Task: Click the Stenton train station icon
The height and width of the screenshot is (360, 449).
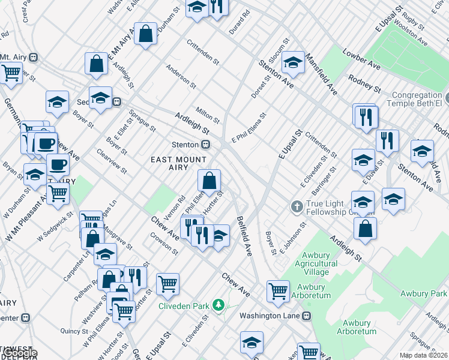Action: click(x=205, y=145)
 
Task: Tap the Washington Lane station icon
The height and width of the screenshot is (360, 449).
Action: click(x=307, y=316)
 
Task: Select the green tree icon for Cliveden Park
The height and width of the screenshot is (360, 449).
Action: click(x=218, y=305)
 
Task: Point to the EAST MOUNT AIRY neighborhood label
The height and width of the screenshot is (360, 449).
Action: click(x=179, y=164)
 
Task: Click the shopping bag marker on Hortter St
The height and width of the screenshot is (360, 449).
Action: click(x=209, y=181)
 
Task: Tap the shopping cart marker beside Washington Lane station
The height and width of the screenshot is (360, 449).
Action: click(x=278, y=291)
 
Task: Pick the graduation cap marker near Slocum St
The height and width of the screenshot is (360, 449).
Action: click(x=292, y=62)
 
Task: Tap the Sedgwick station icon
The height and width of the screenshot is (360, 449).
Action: click(x=118, y=102)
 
